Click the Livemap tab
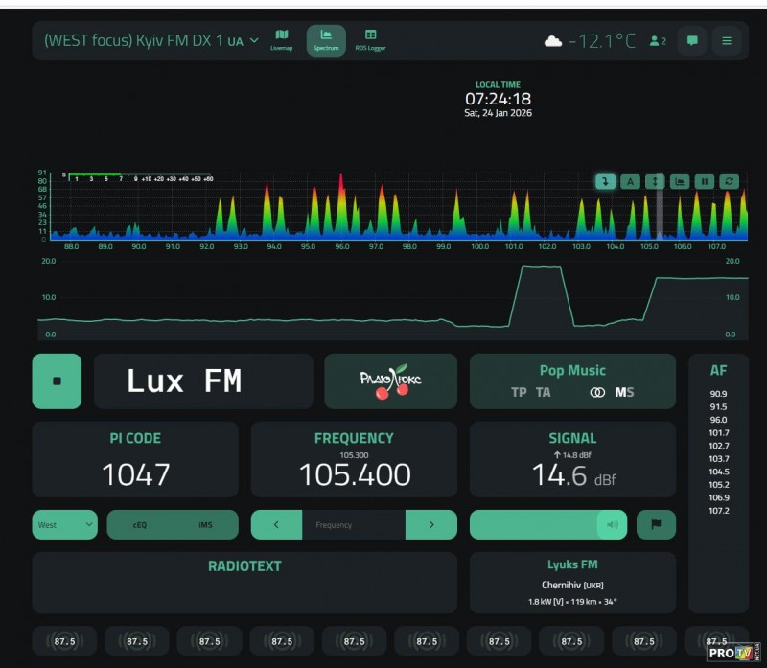pyautogui.click(x=281, y=39)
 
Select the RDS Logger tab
pyautogui.click(x=370, y=39)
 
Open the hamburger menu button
pyautogui.click(x=727, y=41)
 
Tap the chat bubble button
pyautogui.click(x=691, y=41)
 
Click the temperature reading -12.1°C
pyautogui.click(x=602, y=41)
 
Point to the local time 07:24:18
pyautogui.click(x=498, y=99)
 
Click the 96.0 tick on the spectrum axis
pyautogui.click(x=341, y=246)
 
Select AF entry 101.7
pyautogui.click(x=718, y=433)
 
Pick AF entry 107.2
pyautogui.click(x=718, y=511)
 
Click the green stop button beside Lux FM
pyautogui.click(x=57, y=381)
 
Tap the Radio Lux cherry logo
pyautogui.click(x=391, y=380)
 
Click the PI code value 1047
pyautogui.click(x=135, y=474)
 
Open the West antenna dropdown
pyautogui.click(x=64, y=525)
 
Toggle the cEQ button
pyautogui.click(x=140, y=525)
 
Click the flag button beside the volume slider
pyautogui.click(x=656, y=525)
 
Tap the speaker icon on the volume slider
pyautogui.click(x=611, y=525)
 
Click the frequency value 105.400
pyautogui.click(x=354, y=474)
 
